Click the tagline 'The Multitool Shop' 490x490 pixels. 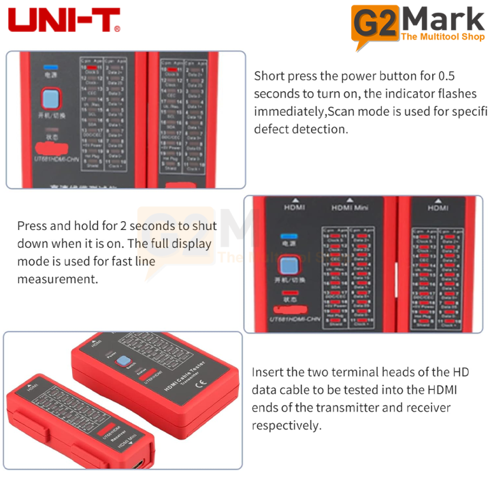pos(443,36)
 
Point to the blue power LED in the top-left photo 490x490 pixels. pos(49,68)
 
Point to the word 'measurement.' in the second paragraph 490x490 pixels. pos(58,279)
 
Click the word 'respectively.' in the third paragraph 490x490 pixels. pos(286,425)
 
